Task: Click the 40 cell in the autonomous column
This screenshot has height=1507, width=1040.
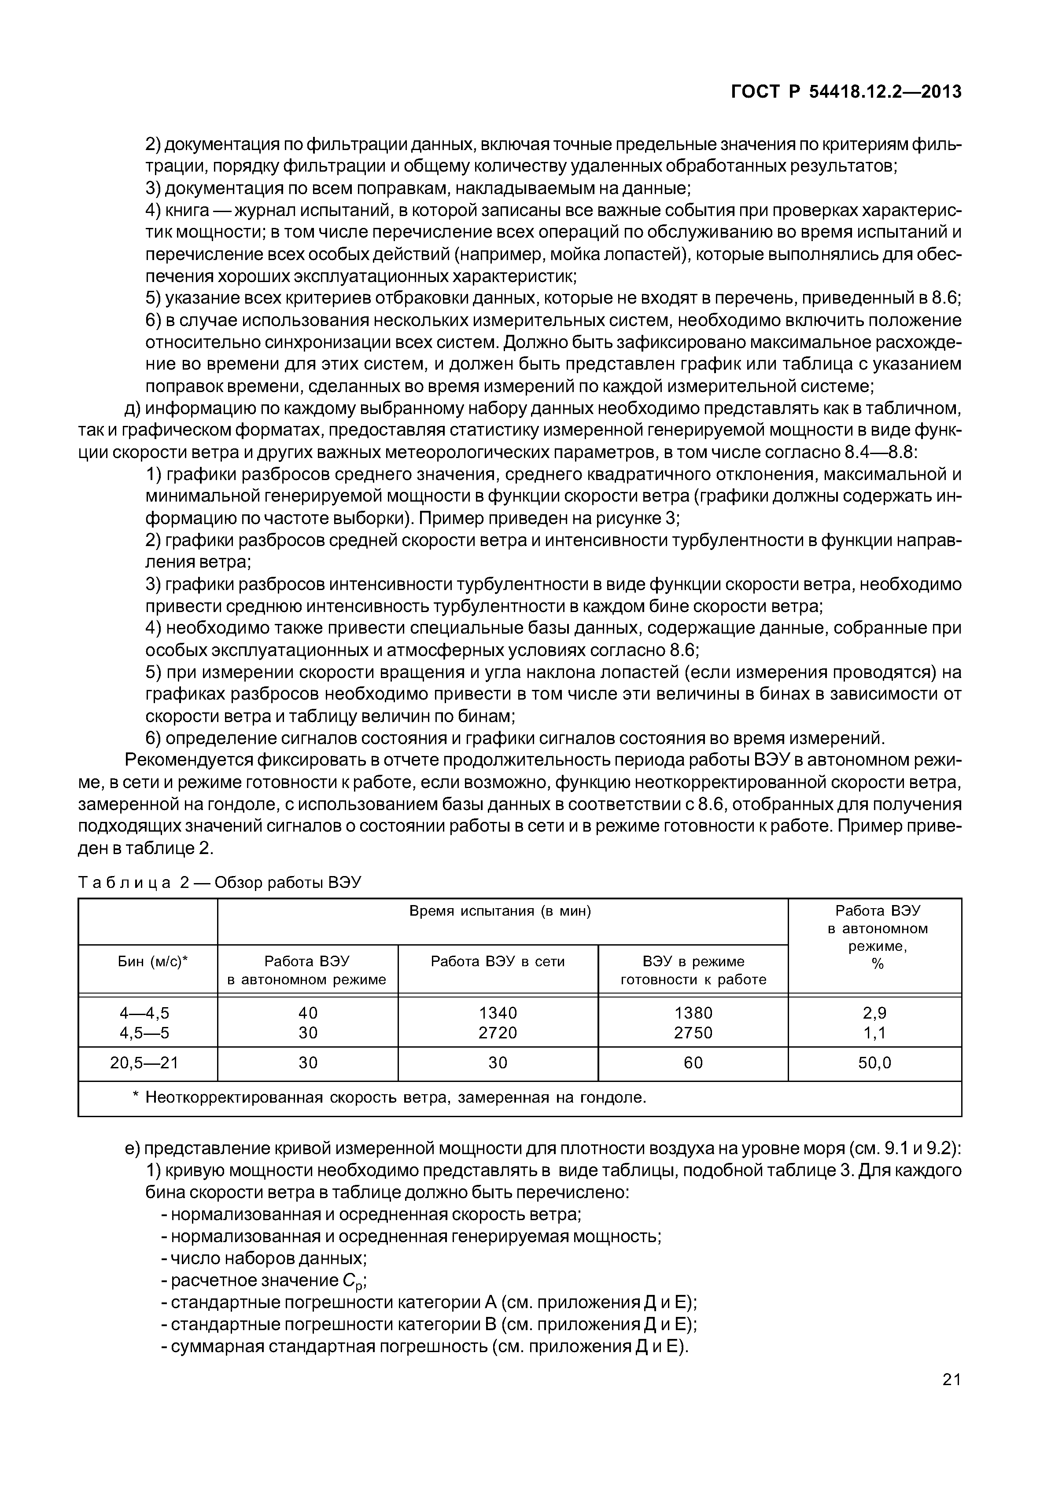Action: coord(308,1013)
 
